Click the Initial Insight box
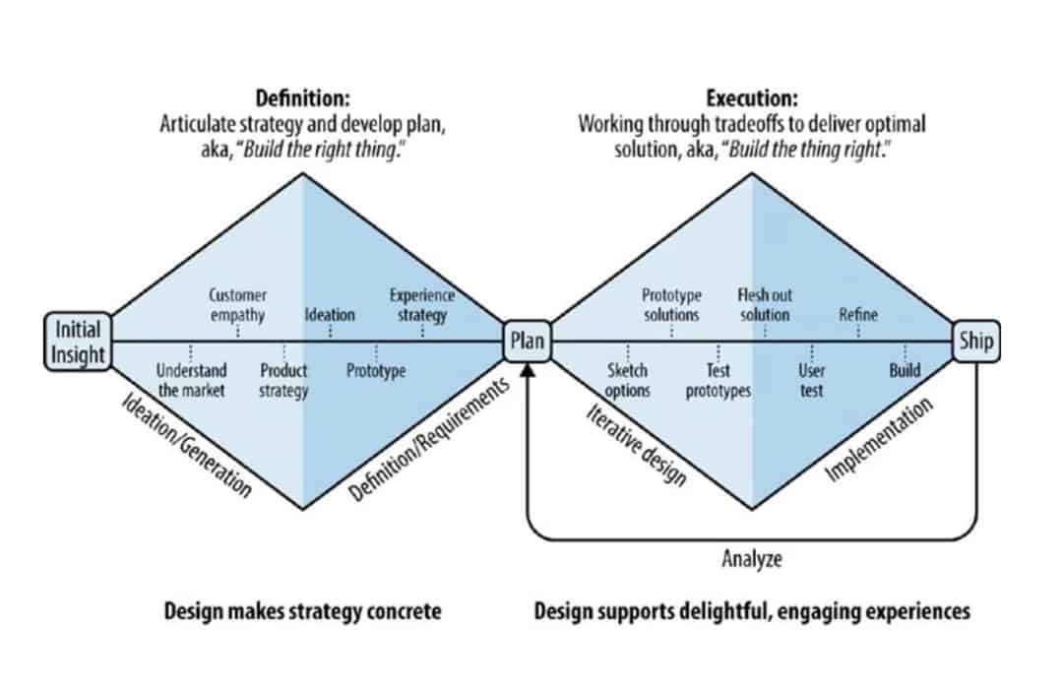click(x=78, y=342)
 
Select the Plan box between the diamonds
click(x=528, y=343)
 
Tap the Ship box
click(x=975, y=343)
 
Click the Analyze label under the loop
click(x=751, y=560)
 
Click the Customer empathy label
click(x=237, y=305)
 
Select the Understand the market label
click(x=192, y=381)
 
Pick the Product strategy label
click(x=283, y=381)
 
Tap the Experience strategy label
click(x=422, y=305)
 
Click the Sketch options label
click(x=628, y=381)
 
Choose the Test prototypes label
click(x=719, y=381)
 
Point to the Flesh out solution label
click(x=765, y=305)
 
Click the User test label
click(x=812, y=381)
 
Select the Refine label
click(x=858, y=316)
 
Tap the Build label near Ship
click(x=905, y=371)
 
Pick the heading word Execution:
click(x=752, y=98)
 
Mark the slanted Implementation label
click(x=878, y=440)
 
